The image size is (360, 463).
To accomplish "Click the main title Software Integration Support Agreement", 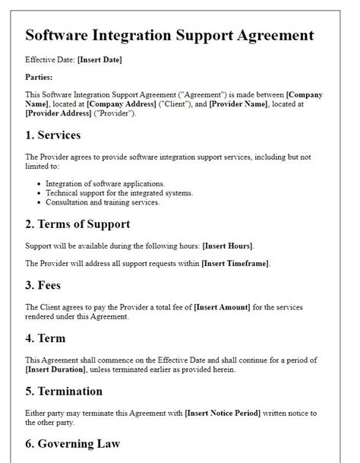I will [169, 35].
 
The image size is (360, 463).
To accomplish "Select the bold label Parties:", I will [40, 77].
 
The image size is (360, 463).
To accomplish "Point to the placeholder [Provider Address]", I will [58, 113].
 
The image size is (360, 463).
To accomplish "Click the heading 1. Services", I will [53, 135].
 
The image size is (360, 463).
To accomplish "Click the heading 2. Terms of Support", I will [77, 224].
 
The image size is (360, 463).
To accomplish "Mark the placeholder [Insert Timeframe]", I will [235, 263].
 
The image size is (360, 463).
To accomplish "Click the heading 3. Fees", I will [44, 285].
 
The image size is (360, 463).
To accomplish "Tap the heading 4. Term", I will [46, 338].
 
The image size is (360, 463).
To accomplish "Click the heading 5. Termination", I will [64, 392].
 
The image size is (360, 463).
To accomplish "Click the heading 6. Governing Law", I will [73, 444].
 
